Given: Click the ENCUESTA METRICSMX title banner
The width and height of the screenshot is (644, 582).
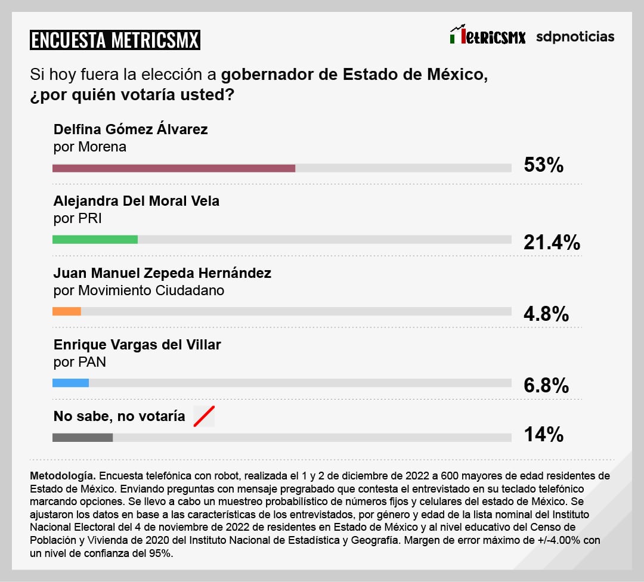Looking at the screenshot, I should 114,40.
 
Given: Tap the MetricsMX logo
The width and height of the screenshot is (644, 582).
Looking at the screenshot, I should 487,36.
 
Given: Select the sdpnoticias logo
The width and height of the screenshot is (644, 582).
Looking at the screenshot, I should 575,36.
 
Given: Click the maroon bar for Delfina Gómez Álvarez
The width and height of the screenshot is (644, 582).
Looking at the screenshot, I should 174,168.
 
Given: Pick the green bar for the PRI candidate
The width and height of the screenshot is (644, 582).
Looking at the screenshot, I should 95,240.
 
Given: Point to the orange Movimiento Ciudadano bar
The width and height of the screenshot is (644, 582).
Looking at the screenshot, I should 66,311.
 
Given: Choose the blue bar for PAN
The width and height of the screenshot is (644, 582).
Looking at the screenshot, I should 70,383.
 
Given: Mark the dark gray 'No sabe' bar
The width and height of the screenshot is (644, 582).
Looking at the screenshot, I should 82,437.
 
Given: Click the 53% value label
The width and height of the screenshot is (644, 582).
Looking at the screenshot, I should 543,165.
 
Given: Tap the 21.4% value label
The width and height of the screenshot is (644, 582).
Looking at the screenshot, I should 552,242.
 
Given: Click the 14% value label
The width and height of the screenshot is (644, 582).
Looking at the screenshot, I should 543,435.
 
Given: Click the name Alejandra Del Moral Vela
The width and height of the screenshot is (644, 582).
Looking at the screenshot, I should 137,201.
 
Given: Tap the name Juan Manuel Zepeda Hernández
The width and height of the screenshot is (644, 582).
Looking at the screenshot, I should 162,273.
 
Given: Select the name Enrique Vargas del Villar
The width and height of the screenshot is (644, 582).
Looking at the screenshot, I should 137,345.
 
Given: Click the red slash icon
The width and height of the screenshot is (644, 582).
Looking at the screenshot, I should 204,416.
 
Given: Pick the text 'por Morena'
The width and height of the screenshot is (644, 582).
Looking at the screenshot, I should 89,147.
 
